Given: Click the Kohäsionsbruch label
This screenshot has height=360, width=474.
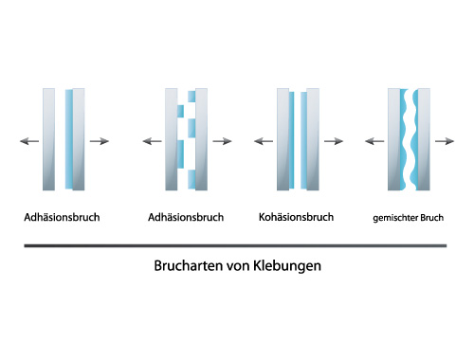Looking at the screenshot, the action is pyautogui.click(x=296, y=217).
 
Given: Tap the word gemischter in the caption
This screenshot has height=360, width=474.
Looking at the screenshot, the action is pyautogui.click(x=391, y=218).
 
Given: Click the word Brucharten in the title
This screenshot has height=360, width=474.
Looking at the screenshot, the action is pyautogui.click(x=190, y=265).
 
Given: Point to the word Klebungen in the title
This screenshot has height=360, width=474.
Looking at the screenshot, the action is pyautogui.click(x=287, y=266).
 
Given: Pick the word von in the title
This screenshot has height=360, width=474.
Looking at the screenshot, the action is pyautogui.click(x=239, y=266).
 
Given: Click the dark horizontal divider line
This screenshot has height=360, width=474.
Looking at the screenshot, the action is pyautogui.click(x=235, y=245).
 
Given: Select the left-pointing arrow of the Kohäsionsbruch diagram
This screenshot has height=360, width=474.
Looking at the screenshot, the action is pyautogui.click(x=264, y=141).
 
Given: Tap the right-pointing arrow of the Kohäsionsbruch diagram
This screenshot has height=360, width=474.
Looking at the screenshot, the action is pyautogui.click(x=334, y=141).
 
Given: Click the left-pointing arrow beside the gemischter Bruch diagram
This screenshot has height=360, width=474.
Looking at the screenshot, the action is pyautogui.click(x=374, y=141).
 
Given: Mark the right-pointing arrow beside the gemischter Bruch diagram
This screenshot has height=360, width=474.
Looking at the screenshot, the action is pyautogui.click(x=445, y=141).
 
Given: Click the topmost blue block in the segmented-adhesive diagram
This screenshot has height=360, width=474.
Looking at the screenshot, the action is pyautogui.click(x=191, y=97).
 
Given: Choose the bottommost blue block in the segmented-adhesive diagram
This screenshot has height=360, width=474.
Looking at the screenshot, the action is pyautogui.click(x=191, y=179).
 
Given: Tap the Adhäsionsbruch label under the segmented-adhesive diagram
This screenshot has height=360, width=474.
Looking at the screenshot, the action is pyautogui.click(x=186, y=217).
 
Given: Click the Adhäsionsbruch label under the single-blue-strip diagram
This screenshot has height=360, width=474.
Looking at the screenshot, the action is pyautogui.click(x=62, y=217).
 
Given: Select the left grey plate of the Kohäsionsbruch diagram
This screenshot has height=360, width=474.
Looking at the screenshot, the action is pyautogui.click(x=283, y=139).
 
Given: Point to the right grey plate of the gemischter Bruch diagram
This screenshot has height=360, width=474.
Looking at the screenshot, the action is pyautogui.click(x=424, y=139).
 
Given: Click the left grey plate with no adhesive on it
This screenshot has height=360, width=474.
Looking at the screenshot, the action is pyautogui.click(x=48, y=139).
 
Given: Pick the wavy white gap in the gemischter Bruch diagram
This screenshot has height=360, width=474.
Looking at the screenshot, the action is pyautogui.click(x=410, y=139).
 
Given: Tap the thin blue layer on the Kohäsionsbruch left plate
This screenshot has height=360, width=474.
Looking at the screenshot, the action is pyautogui.click(x=291, y=140).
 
